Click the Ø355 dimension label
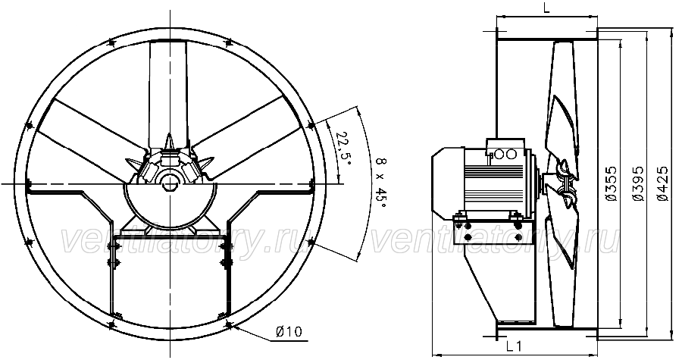tap(612, 183)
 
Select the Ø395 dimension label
tap(638, 183)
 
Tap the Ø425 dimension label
tap(663, 183)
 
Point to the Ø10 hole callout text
tap(289, 332)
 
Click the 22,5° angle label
tap(343, 148)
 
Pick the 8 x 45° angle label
tap(380, 183)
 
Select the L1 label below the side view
tap(514, 346)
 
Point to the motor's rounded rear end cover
tap(446, 183)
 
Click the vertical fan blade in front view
tap(169, 95)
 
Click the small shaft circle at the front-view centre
tap(169, 183)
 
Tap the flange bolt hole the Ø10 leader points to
tap(229, 324)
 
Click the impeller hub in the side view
tap(560, 183)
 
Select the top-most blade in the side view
tap(562, 105)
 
